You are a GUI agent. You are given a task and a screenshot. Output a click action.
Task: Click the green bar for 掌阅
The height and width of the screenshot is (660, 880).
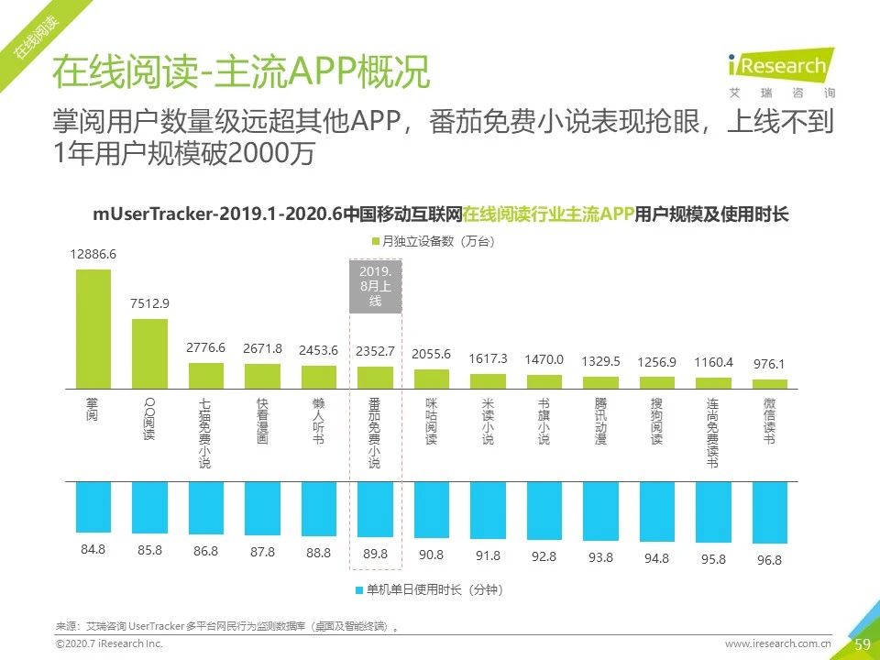[x=93, y=328]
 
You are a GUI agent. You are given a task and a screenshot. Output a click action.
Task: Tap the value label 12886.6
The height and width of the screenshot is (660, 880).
[x=93, y=254]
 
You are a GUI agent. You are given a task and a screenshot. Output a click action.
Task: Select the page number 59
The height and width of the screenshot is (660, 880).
[x=862, y=644]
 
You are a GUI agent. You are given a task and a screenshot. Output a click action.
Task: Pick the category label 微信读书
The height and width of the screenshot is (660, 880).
[x=768, y=421]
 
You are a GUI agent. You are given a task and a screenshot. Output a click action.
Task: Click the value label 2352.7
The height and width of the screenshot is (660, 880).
[x=375, y=350]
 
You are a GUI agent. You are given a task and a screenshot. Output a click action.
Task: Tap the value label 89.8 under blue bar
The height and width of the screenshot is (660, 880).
[x=375, y=554]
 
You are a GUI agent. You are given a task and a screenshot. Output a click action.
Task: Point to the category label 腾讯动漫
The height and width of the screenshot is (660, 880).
[x=600, y=421]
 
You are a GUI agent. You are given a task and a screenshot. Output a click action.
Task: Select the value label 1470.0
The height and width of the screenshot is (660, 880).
[x=544, y=360]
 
